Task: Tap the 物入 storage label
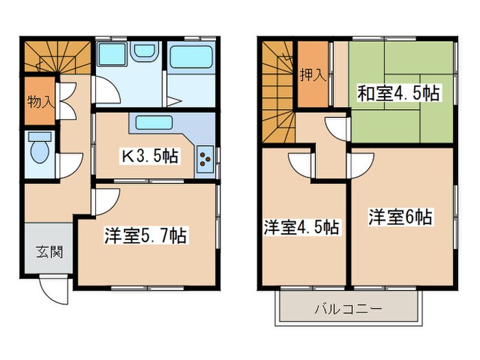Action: [x=40, y=102]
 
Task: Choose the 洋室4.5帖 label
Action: [x=301, y=226]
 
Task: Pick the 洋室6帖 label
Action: [x=400, y=217]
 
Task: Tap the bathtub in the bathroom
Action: [x=191, y=57]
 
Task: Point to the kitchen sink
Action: [x=157, y=123]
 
